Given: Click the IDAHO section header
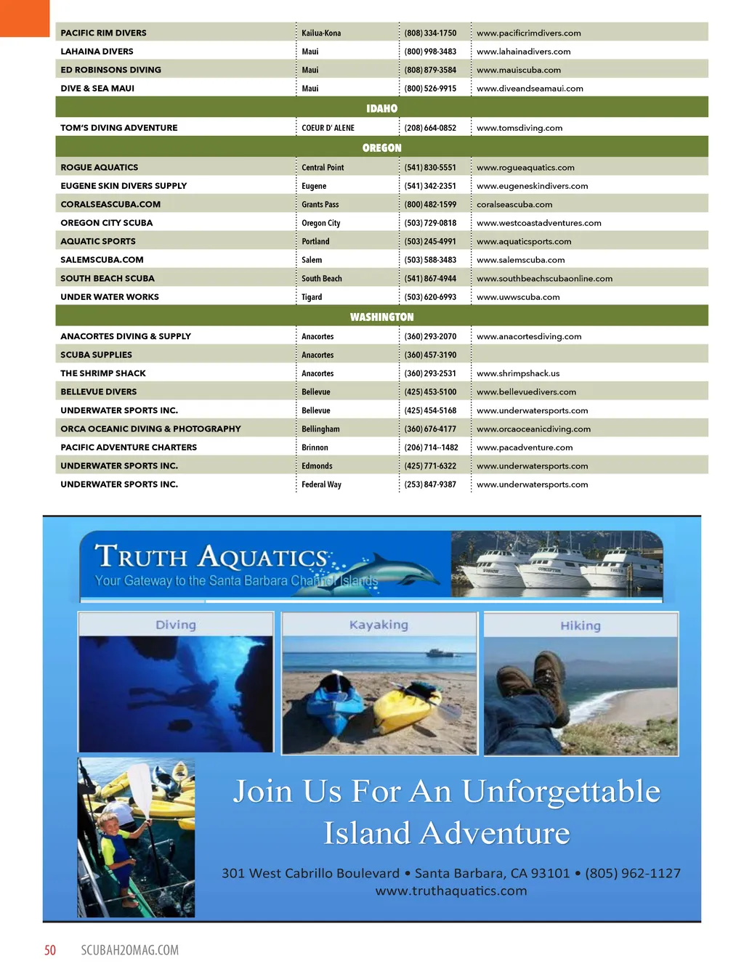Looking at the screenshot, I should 381,108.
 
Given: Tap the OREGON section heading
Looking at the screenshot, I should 381,147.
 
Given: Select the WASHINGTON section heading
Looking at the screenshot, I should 381,317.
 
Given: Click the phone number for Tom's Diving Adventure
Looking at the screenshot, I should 430,128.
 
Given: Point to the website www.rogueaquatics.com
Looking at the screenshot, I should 525,168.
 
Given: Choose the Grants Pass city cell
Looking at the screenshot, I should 320,205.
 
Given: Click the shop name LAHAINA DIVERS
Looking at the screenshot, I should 97,52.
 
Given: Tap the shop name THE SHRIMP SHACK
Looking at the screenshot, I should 103,373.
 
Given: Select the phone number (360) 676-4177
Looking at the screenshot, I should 430,429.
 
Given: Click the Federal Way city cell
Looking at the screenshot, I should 321,484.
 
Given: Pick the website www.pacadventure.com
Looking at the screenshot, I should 525,447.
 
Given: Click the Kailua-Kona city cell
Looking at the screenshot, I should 321,33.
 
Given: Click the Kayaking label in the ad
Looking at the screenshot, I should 379,625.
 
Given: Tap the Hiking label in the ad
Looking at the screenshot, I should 581,625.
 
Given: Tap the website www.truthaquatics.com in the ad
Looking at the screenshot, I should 451,891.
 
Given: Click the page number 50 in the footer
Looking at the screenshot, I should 50,950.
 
